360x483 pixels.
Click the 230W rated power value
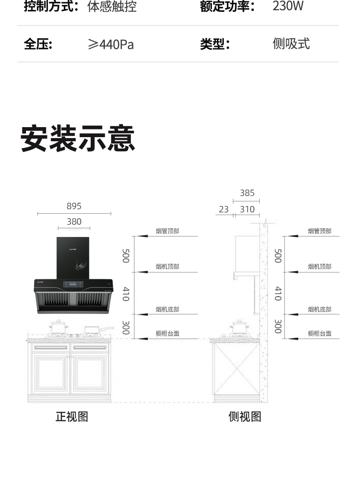(288, 6)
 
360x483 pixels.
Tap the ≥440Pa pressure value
(111, 44)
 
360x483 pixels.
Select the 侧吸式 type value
(291, 44)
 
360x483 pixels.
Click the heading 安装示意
(77, 139)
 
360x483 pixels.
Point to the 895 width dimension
(74, 206)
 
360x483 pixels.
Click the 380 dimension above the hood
(74, 221)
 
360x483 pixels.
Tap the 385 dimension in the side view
(247, 193)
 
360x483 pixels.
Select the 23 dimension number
(224, 209)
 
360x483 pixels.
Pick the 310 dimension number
(247, 209)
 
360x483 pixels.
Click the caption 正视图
(72, 416)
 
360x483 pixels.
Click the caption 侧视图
(245, 416)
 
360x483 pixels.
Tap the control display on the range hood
(72, 284)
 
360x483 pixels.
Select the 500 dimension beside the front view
(126, 256)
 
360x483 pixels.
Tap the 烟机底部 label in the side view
(319, 309)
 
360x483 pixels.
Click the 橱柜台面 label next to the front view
(167, 333)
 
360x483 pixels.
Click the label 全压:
(38, 44)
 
